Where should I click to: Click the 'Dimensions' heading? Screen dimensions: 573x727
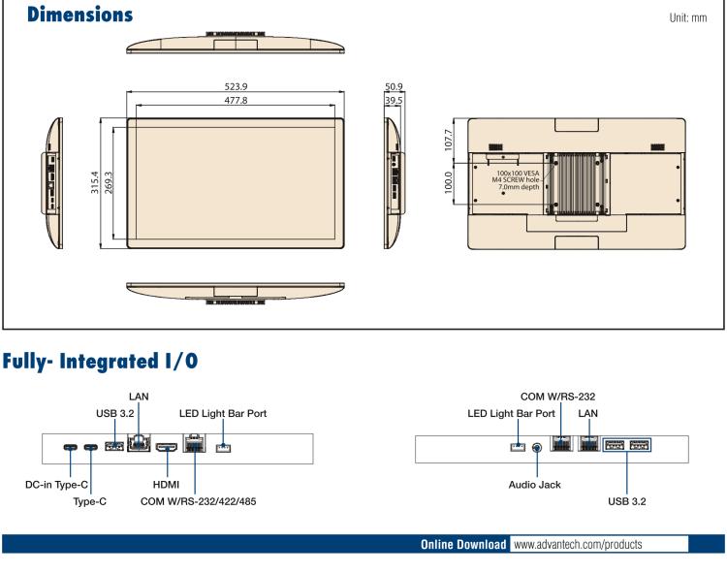coord(67,16)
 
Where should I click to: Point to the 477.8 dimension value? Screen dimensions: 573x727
coord(236,100)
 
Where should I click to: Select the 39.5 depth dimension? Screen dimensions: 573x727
coord(394,100)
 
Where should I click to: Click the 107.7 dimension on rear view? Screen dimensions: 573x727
coord(448,136)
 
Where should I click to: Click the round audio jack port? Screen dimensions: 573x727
coord(537,447)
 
